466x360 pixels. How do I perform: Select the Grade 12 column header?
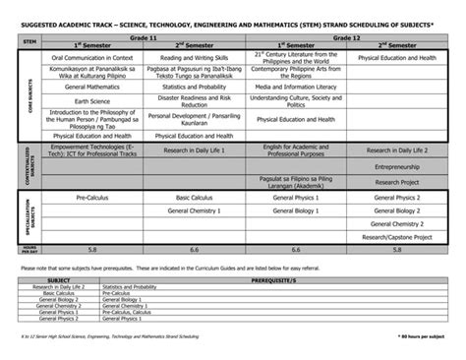[x=341, y=35]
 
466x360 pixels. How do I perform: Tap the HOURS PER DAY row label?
[x=29, y=250]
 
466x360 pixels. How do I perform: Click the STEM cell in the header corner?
[x=29, y=40]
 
